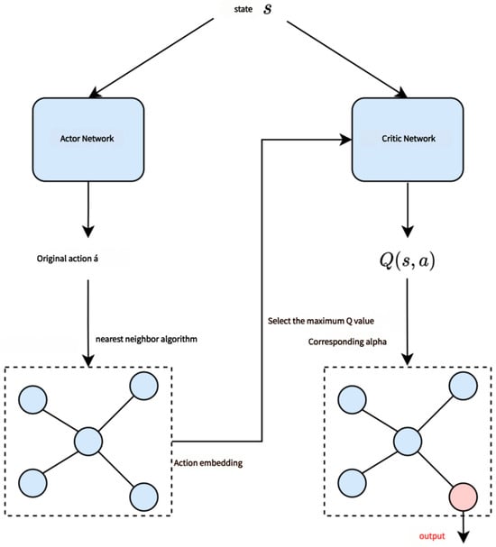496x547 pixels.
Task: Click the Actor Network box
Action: pos(88,140)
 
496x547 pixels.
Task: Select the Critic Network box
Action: pos(408,140)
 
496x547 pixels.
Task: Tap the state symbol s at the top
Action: pos(267,9)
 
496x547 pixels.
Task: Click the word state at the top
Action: pos(243,9)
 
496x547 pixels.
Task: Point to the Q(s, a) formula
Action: pos(408,260)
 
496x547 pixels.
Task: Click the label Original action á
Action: pos(68,259)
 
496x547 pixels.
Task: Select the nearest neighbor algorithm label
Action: pos(146,339)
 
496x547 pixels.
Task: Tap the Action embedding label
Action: pos(208,463)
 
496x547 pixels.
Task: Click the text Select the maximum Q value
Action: pos(321,321)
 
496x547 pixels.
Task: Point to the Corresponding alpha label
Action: pos(347,342)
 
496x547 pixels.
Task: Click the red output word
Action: pos(432,536)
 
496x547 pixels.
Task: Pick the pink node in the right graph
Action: pos(464,497)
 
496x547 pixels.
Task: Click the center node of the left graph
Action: pos(88,442)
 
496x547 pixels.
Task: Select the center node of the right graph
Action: pos(408,442)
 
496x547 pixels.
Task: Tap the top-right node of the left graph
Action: pos(143,386)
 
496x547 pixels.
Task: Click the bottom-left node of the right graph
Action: pos(353,483)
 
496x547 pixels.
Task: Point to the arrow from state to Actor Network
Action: pos(151,59)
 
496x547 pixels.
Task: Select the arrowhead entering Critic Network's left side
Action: pos(345,140)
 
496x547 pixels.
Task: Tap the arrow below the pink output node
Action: pos(464,527)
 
